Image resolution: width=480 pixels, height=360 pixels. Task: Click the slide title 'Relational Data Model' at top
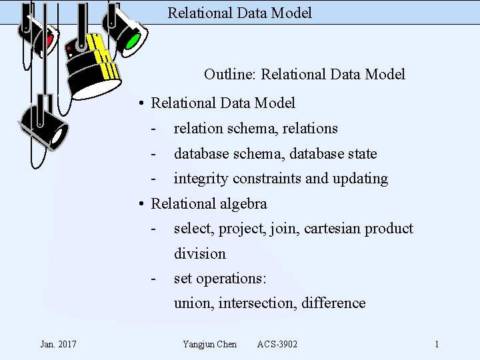[239, 13]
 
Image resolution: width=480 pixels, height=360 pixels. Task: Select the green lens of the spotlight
[132, 41]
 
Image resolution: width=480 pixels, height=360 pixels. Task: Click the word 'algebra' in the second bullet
[243, 203]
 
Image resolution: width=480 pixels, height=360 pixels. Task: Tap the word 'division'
[200, 253]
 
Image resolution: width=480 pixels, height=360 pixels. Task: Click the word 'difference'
[333, 303]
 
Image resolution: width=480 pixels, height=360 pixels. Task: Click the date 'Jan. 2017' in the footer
[58, 344]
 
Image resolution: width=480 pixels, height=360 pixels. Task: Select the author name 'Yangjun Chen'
[209, 344]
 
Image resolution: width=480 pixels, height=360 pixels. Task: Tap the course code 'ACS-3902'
[277, 344]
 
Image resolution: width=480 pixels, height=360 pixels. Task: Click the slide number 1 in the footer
[436, 344]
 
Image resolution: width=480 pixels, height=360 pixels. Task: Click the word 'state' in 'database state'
[362, 154]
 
